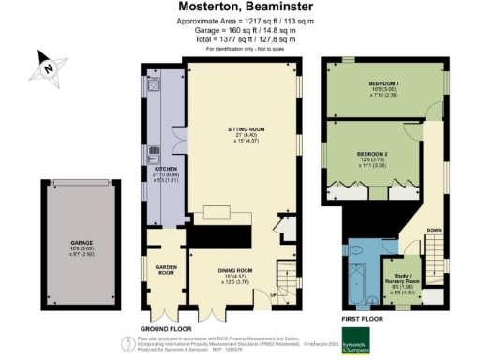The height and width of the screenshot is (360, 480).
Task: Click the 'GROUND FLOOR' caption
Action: (x=167, y=329)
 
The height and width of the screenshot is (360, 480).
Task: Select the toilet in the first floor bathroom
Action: (x=357, y=250)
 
